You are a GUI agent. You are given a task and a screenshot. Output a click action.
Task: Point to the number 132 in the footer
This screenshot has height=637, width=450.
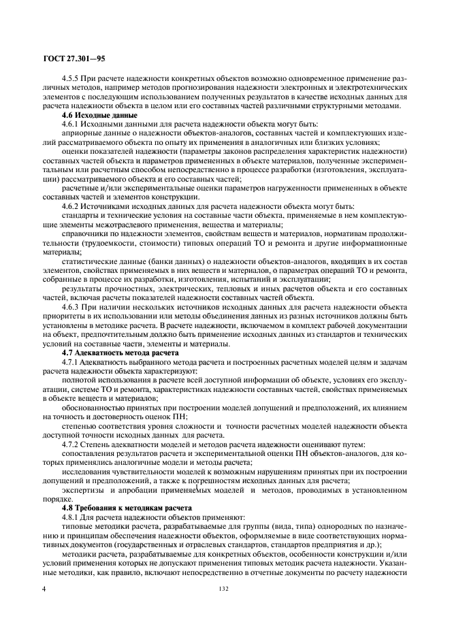(x=225, y=589)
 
